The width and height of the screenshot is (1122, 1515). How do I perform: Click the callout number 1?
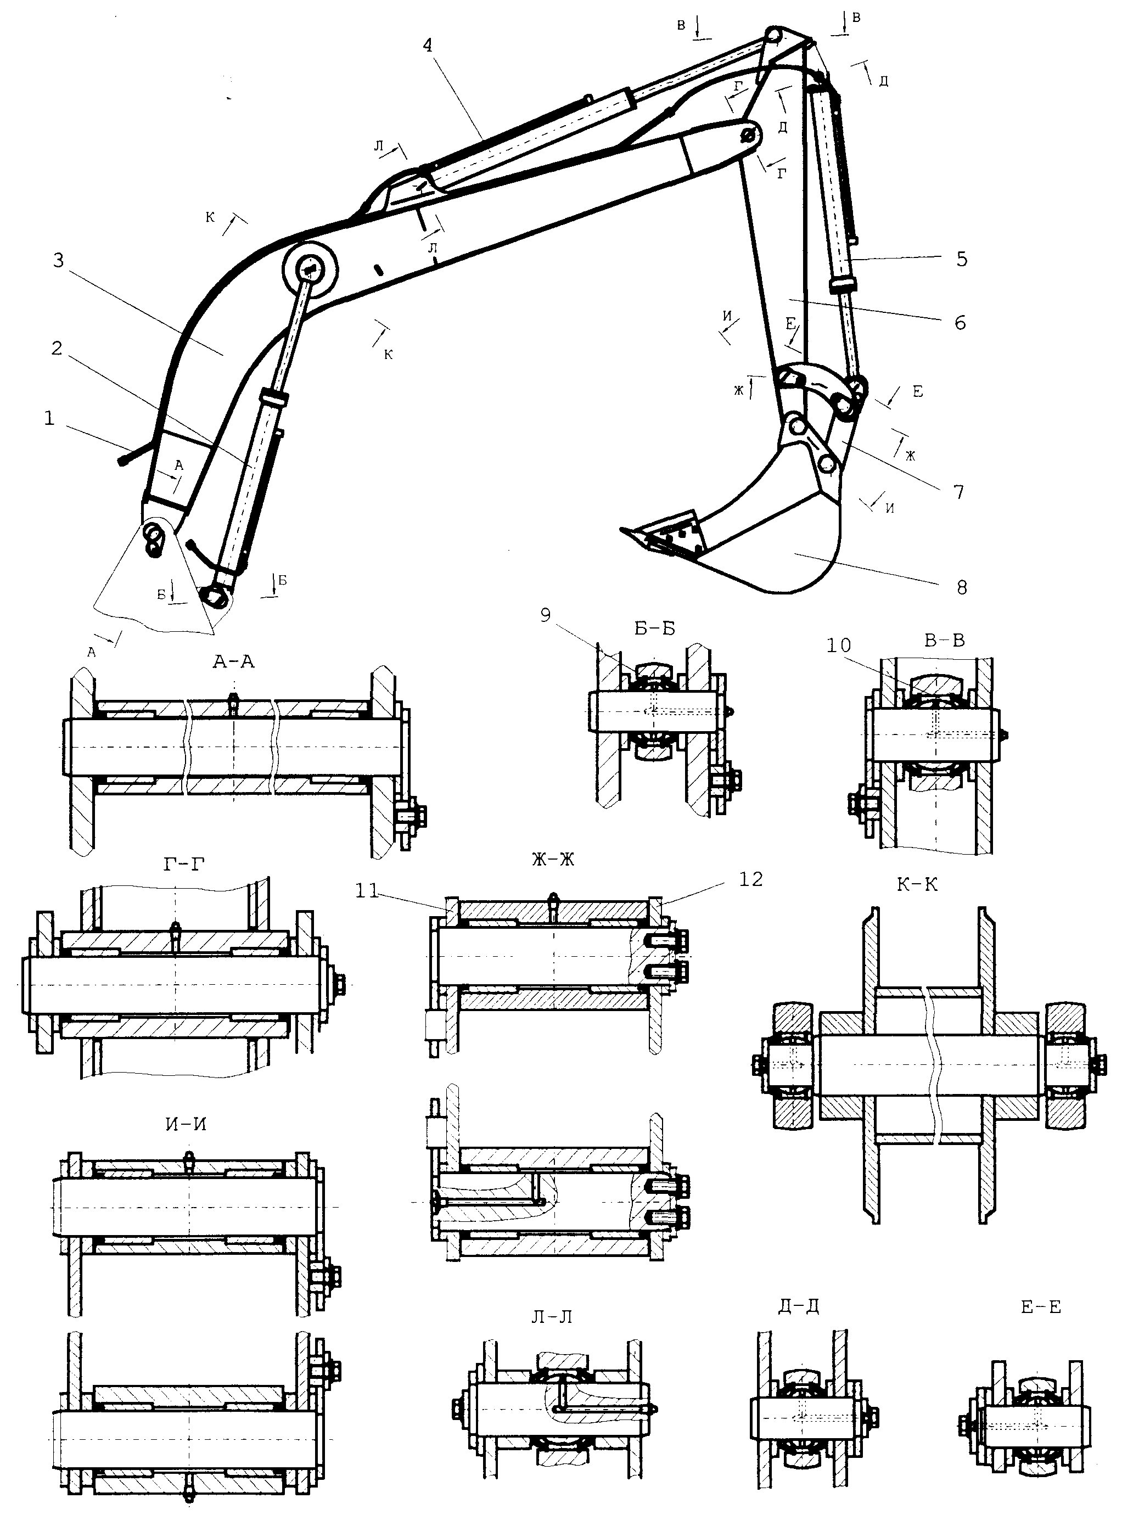click(x=49, y=419)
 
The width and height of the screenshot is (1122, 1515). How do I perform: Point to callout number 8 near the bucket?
click(x=962, y=587)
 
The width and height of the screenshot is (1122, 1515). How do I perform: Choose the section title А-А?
click(x=233, y=661)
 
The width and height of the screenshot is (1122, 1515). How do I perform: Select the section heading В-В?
click(x=945, y=639)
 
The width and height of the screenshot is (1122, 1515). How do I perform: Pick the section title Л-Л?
click(x=552, y=1316)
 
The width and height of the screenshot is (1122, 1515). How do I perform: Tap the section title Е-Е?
click(x=1041, y=1306)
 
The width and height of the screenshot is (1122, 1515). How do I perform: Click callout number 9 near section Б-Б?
click(x=546, y=615)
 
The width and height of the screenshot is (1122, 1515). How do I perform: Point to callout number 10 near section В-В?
click(x=839, y=644)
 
